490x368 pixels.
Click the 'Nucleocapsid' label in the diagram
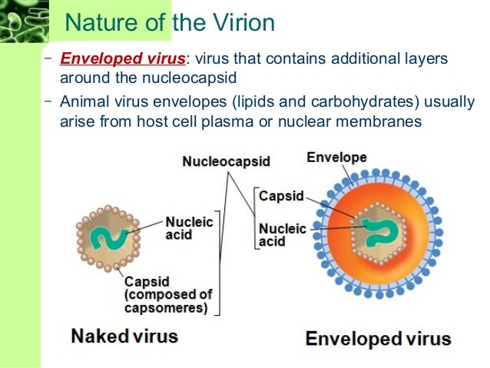tap(226, 161)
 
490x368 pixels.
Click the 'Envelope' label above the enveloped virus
tap(336, 157)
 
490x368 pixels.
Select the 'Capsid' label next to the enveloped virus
tap(281, 196)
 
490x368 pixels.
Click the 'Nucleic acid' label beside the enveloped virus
tap(282, 235)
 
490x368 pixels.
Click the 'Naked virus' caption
tap(125, 337)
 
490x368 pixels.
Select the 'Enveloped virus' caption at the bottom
tap(379, 339)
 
